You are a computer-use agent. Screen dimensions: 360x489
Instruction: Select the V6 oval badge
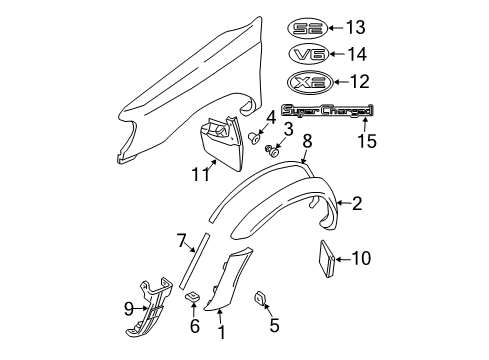305,54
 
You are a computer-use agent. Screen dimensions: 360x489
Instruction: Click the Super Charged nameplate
328,111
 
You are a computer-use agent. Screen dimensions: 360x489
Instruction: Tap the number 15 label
367,140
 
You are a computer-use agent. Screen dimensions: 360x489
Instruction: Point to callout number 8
307,140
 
